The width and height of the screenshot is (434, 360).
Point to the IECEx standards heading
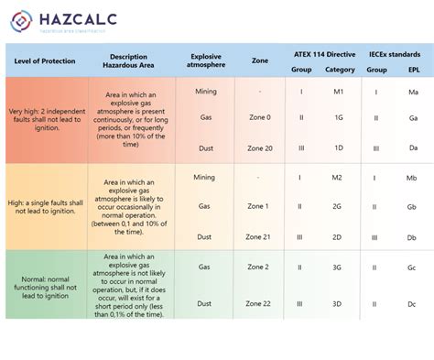395,52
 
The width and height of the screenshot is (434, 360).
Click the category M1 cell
337,93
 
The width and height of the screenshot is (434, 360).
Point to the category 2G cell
337,206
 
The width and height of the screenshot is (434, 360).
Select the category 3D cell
337,302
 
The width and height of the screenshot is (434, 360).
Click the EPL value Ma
414,93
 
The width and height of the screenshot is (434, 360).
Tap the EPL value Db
414,236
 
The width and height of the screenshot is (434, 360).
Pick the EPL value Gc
414,267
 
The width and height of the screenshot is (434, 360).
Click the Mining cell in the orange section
204,178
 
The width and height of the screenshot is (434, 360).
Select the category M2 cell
337,178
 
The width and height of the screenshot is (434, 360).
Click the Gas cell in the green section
204,267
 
